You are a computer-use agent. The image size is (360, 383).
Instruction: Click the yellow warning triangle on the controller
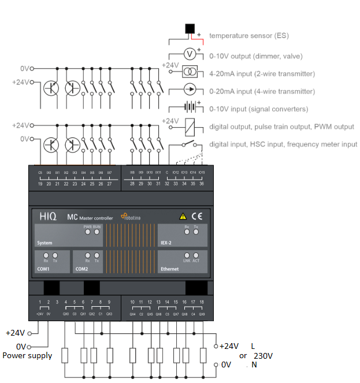click(x=183, y=217)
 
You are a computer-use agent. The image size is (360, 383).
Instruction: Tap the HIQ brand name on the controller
click(x=48, y=216)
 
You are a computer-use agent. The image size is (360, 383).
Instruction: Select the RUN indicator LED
click(x=97, y=233)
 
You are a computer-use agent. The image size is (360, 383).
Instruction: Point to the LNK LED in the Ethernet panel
click(x=187, y=255)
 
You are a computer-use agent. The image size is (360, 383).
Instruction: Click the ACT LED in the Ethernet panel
click(x=195, y=255)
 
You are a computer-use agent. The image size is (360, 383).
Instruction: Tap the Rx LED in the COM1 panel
click(x=46, y=255)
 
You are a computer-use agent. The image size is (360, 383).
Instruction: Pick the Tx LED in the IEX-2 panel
click(x=195, y=233)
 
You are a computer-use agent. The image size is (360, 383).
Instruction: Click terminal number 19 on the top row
click(x=40, y=184)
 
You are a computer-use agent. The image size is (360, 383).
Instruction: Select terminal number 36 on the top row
click(x=202, y=184)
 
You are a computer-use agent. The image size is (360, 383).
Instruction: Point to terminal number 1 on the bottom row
click(x=40, y=302)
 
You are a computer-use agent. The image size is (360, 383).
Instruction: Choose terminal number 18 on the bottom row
click(x=202, y=302)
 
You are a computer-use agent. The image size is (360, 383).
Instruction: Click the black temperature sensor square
click(x=190, y=29)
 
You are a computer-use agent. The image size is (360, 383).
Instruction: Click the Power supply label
click(x=27, y=355)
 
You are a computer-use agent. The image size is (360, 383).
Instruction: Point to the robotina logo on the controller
click(x=135, y=217)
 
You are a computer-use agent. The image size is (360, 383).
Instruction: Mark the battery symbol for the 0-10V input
click(x=188, y=107)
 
